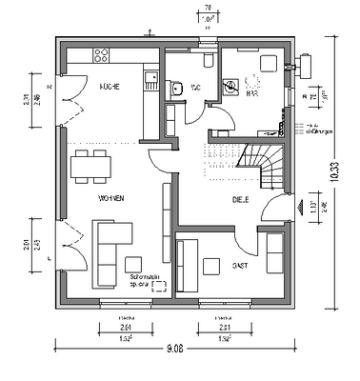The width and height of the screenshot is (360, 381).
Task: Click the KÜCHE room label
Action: click(109, 87)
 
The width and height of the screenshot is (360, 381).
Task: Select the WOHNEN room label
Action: click(111, 197)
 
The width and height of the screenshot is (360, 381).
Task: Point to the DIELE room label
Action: click(239, 200)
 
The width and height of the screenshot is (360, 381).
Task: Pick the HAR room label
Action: click(252, 94)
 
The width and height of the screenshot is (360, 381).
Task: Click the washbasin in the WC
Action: click(177, 88)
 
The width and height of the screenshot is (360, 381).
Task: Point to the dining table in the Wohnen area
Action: click(90, 165)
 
